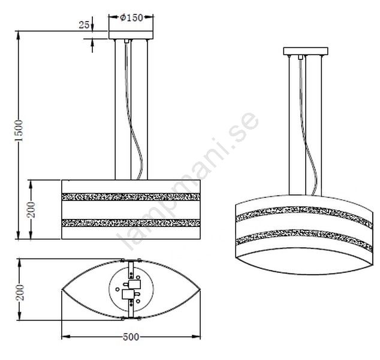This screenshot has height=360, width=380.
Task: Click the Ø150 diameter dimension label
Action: (132, 17)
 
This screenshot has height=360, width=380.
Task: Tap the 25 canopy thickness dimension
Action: (84, 25)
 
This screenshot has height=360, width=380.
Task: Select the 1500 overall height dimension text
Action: (19, 131)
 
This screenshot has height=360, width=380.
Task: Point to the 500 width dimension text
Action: (131, 337)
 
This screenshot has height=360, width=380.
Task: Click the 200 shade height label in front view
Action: (32, 209)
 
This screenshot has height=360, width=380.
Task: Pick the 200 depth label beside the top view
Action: (20, 293)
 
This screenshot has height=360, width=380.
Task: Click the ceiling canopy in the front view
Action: (131, 35)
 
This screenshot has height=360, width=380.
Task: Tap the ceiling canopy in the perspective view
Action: (306, 51)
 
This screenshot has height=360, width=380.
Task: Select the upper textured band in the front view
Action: (131, 197)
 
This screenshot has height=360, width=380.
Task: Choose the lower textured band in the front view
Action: (131, 223)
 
